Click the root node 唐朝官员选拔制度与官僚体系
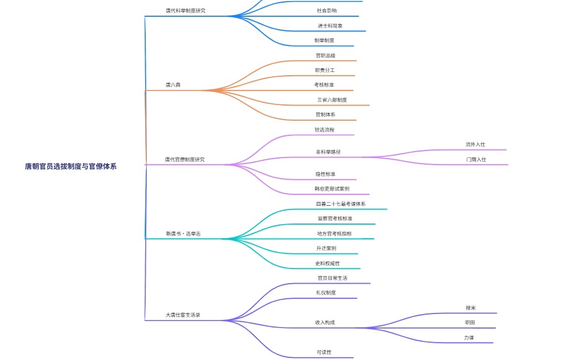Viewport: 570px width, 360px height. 70,167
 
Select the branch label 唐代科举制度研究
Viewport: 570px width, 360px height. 185,11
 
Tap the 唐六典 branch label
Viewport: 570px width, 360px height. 173,85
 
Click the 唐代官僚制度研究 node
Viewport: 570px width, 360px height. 185,160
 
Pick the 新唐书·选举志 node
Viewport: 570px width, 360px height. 184,234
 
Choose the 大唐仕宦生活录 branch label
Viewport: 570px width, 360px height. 183,315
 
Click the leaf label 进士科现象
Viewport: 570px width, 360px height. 330,26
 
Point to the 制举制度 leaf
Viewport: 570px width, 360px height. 324,41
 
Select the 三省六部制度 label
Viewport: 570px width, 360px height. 332,100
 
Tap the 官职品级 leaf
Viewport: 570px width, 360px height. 326,56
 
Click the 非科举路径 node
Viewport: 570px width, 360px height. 328,152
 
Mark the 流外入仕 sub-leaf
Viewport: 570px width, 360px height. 475,145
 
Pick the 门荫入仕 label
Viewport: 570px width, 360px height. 476,160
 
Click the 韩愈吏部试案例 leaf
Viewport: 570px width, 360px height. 332,189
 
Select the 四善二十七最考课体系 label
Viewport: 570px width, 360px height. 340,204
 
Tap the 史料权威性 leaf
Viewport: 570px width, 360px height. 327,264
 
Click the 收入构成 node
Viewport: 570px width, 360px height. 325,323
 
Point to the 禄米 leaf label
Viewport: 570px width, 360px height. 470,308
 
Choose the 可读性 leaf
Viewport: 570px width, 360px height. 324,352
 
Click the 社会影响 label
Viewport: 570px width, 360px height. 326,11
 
